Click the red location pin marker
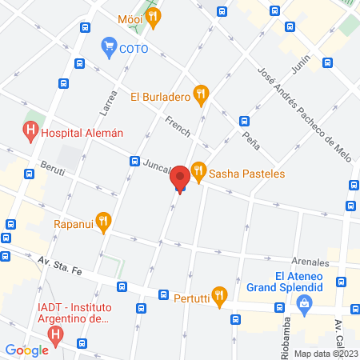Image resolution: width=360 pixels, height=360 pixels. point(180,178)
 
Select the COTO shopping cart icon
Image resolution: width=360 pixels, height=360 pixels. point(107,47)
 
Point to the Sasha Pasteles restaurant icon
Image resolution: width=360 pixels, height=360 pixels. point(198,170)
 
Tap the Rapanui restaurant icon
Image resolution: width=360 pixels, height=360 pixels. point(102,221)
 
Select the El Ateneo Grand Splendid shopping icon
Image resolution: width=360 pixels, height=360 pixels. point(304,304)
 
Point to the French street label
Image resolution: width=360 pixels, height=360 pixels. point(178,126)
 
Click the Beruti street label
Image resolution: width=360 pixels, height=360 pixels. point(53,171)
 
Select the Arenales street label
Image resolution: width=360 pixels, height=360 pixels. point(310,262)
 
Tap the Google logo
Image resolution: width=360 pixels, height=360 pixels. point(26,350)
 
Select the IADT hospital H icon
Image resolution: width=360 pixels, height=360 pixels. point(55,337)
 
